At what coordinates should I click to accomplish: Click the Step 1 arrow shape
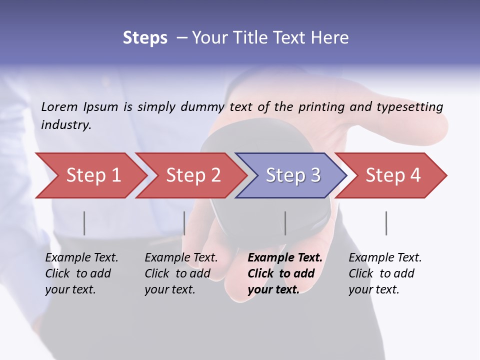[92, 175]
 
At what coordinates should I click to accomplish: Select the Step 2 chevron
[192, 175]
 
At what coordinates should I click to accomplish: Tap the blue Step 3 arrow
[292, 175]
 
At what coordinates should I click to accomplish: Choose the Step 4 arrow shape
[392, 175]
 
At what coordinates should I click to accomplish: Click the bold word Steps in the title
[145, 38]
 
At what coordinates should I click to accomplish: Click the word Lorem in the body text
[59, 106]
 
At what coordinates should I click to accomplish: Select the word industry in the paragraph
[65, 124]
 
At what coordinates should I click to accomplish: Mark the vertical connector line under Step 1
[84, 223]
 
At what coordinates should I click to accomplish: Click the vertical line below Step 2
[184, 223]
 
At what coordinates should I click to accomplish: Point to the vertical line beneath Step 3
[285, 223]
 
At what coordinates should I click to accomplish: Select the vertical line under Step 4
[386, 223]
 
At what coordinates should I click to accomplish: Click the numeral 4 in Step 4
[415, 175]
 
